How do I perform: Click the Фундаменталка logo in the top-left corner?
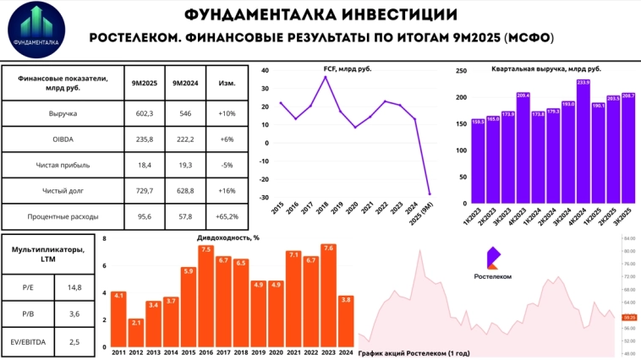click(36, 30)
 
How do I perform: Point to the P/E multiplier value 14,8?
click(75, 288)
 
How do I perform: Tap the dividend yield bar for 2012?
click(135, 333)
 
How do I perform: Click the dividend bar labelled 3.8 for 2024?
click(345, 321)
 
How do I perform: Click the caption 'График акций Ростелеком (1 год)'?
click(414, 353)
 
